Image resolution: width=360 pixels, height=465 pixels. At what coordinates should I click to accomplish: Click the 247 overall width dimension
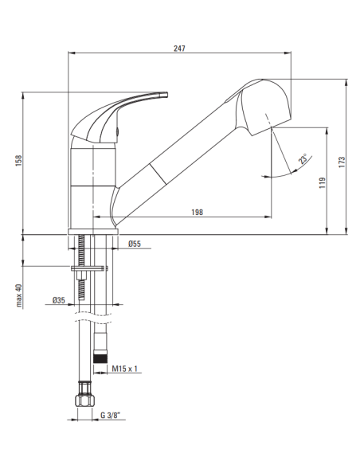180,49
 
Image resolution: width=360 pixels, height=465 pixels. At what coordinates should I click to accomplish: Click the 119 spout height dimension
322,182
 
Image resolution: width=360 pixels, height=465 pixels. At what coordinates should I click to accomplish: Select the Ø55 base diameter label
135,244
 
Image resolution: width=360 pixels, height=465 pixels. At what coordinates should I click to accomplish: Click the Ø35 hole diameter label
58,300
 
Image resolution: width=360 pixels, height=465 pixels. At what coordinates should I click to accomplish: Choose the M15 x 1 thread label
125,368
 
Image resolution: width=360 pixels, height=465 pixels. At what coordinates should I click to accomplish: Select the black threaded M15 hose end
100,355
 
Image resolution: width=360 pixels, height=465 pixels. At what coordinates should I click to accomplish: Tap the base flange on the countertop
94,230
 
